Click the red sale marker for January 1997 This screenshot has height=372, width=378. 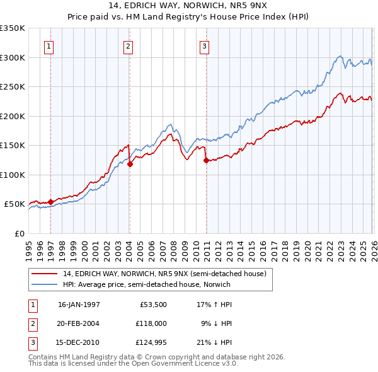coord(51,202)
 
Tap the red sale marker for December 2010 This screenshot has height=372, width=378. coord(206,161)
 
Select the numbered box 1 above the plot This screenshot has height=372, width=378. coord(49,45)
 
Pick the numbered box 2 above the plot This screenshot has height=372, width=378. coord(128,45)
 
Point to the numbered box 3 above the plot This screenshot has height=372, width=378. coord(205,45)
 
